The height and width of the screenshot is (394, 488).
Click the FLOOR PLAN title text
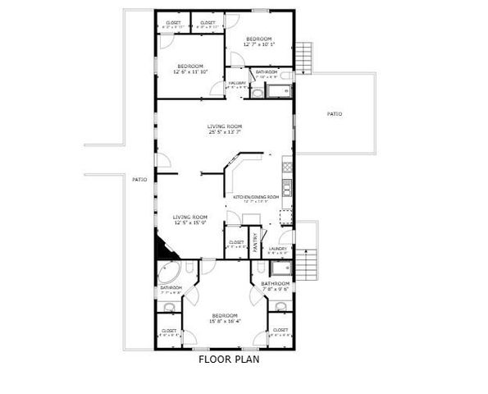click(x=229, y=359)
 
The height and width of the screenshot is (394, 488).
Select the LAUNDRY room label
click(x=277, y=248)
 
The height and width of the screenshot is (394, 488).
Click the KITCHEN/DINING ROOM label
click(x=257, y=197)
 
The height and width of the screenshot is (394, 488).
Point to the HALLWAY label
click(x=238, y=83)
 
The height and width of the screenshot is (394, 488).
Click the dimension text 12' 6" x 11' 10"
click(x=190, y=71)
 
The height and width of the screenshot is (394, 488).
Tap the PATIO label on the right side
click(x=335, y=113)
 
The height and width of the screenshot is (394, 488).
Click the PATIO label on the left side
click(x=140, y=178)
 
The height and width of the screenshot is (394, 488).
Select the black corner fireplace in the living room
click(x=160, y=244)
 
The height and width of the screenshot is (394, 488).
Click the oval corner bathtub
click(x=170, y=273)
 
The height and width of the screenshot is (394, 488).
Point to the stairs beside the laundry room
click(x=305, y=263)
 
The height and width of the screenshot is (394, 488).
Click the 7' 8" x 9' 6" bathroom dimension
click(x=276, y=289)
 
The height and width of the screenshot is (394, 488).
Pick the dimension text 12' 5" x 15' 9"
click(x=189, y=222)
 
